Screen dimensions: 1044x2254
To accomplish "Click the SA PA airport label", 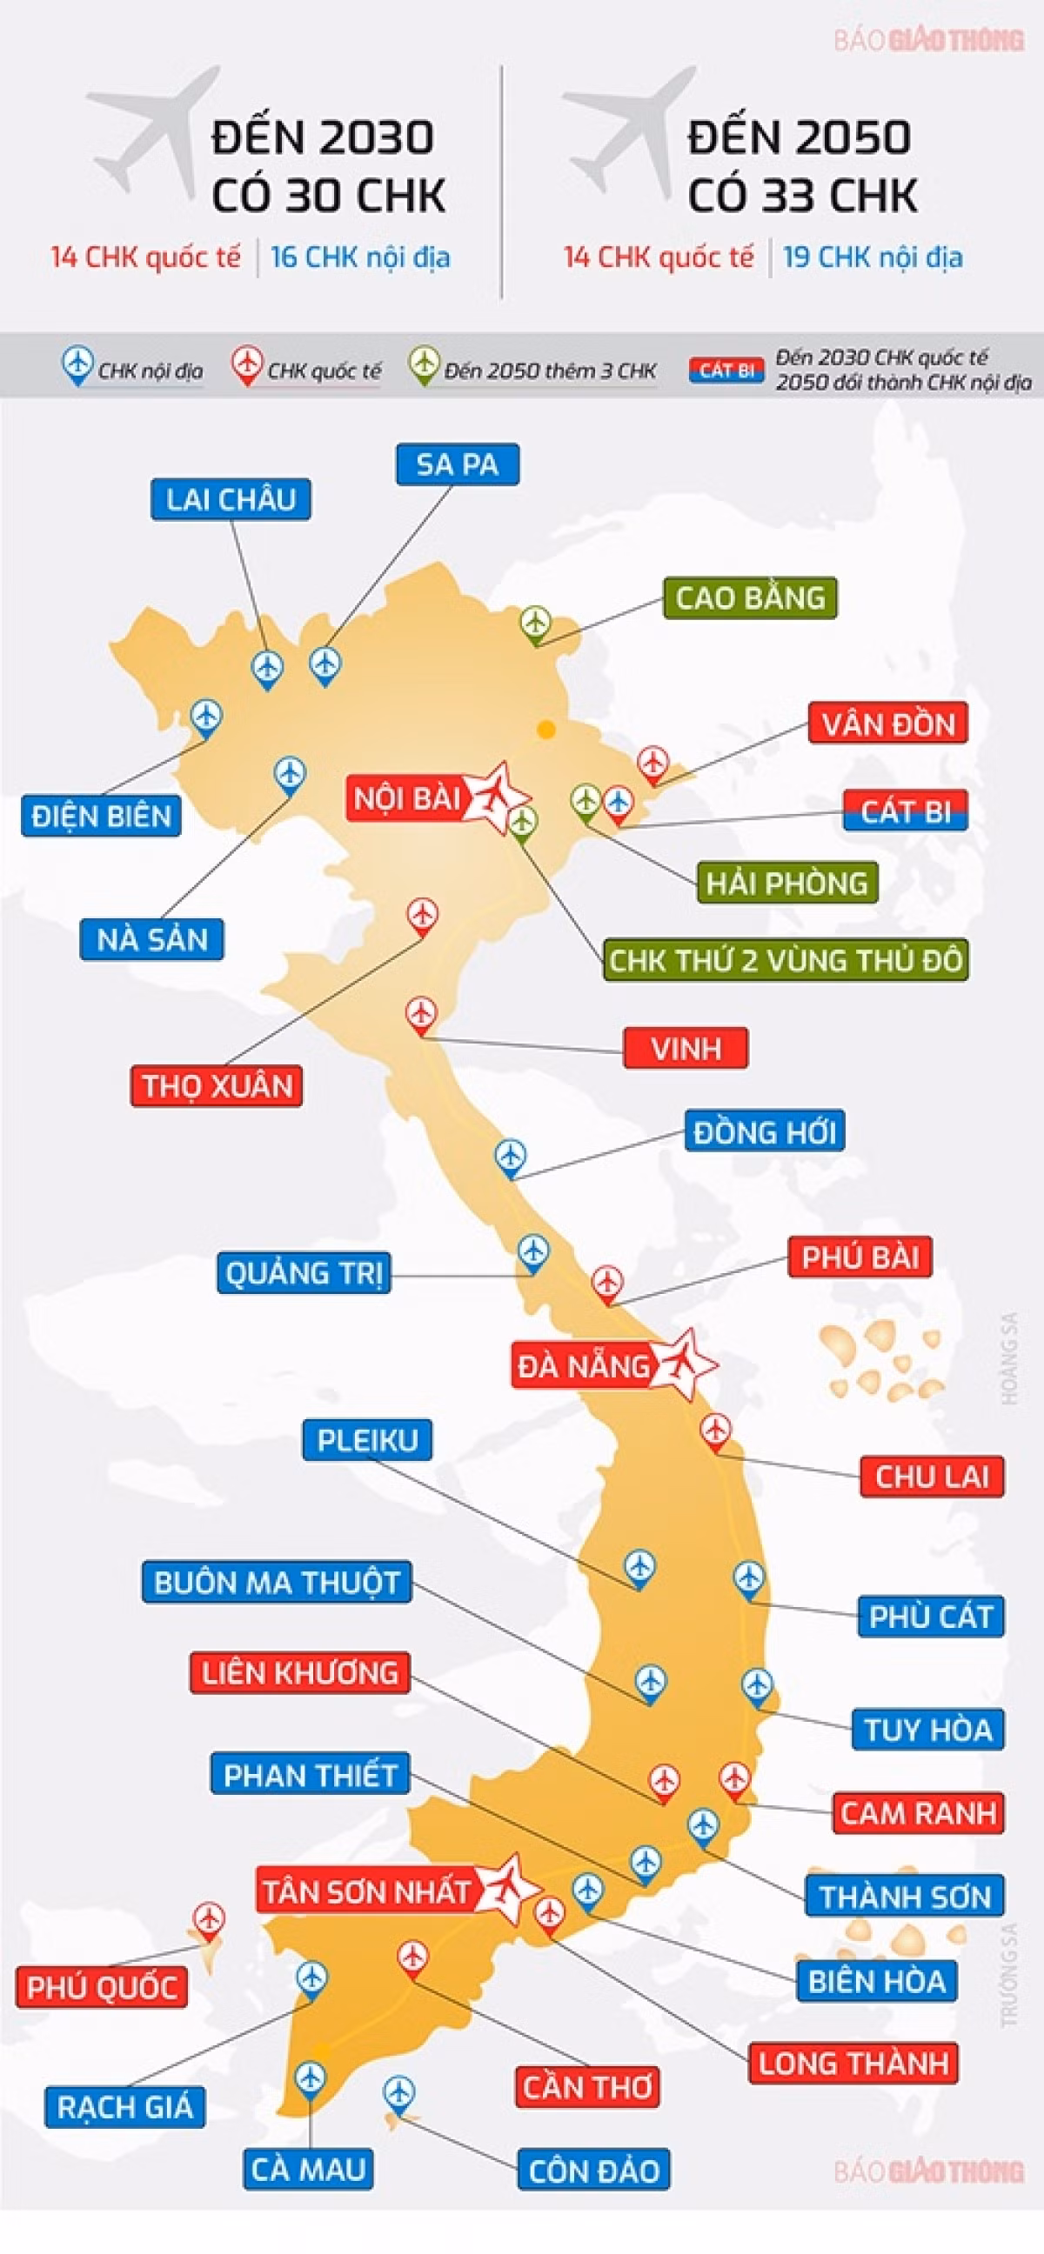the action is click(x=457, y=464).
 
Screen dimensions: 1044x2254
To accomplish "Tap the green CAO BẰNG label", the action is click(x=749, y=598).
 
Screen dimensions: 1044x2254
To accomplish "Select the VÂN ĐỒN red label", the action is click(x=887, y=724).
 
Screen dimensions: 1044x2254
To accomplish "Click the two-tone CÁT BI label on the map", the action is click(x=905, y=812).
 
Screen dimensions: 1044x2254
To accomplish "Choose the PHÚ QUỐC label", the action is click(x=102, y=1987).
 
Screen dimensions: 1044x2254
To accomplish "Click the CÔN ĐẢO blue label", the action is click(x=593, y=2169).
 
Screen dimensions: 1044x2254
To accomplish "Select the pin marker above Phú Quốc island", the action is click(x=209, y=1918).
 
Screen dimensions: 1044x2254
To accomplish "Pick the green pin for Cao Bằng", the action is click(x=535, y=624).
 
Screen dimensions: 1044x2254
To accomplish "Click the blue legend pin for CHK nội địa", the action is click(x=78, y=363).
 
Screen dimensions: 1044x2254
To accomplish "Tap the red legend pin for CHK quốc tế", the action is click(x=248, y=363).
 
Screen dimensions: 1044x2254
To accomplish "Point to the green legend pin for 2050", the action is click(x=425, y=363).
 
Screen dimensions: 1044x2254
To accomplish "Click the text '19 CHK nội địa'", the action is click(x=873, y=257).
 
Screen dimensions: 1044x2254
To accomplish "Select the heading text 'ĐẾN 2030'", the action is click(x=323, y=138).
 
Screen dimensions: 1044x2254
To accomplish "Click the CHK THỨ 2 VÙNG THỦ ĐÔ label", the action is click(x=785, y=960).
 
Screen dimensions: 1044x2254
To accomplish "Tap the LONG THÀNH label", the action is click(x=853, y=2063).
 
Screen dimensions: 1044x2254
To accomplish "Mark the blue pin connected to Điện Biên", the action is click(x=206, y=716).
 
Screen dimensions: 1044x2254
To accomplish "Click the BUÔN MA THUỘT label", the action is click(x=277, y=1582).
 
